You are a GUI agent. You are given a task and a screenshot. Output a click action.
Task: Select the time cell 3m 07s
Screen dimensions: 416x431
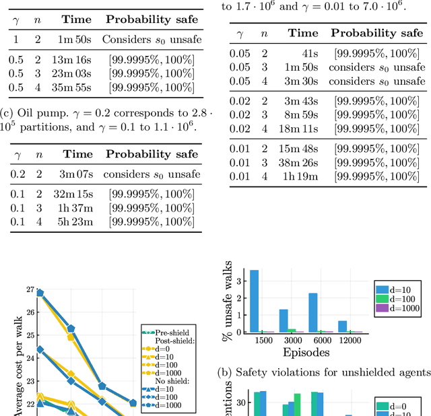point(77,174)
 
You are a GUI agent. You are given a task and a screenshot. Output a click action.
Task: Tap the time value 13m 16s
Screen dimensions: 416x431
point(75,61)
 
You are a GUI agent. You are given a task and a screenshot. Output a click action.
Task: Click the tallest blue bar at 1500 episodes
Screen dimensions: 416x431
point(254,301)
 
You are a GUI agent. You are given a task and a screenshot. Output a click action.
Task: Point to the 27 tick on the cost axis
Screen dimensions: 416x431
point(30,289)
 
